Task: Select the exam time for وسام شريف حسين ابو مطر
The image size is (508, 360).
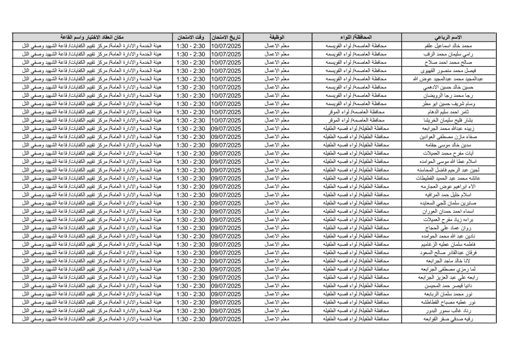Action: tap(190, 104)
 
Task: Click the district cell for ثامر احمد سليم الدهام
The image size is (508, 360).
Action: tap(356, 112)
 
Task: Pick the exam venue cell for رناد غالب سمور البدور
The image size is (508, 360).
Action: tap(91, 311)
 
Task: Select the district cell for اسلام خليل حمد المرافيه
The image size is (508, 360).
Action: tap(356, 195)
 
